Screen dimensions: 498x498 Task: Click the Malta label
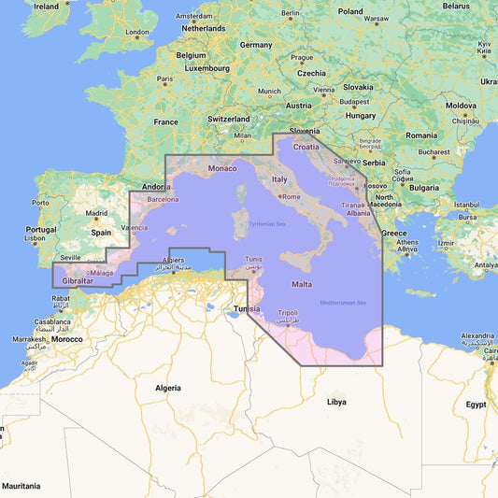pos(302,283)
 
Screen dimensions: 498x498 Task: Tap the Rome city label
pos(291,196)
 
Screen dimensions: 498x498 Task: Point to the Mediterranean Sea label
pos(343,302)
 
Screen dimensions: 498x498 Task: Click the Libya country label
pos(336,402)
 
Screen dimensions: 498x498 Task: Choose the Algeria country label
pos(168,387)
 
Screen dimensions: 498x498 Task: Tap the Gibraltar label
pos(70,280)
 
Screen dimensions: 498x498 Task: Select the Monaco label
pos(222,168)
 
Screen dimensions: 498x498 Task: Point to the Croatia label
pos(306,147)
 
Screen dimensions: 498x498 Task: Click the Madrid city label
pos(97,213)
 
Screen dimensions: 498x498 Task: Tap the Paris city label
pos(165,78)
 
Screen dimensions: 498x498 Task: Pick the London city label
pos(137,33)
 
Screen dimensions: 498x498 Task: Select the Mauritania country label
pos(21,486)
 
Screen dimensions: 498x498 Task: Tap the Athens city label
pos(406,243)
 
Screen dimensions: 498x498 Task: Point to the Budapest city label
pos(354,101)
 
